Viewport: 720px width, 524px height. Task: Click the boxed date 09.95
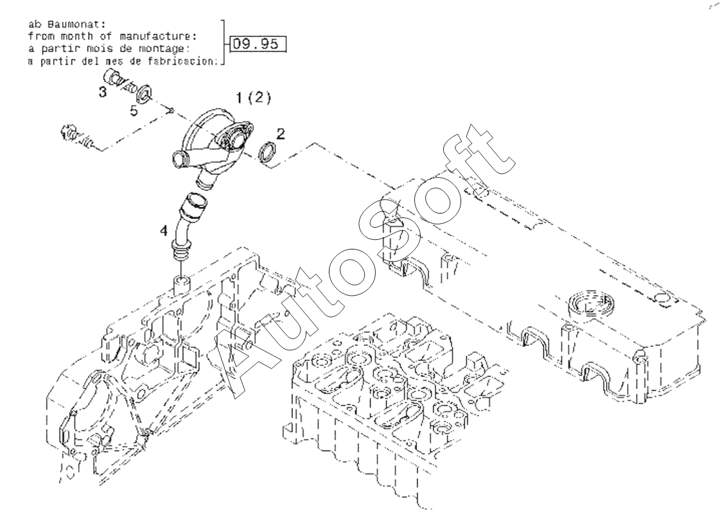(x=258, y=44)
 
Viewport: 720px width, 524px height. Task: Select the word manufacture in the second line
(x=160, y=36)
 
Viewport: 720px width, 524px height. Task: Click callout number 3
(x=103, y=92)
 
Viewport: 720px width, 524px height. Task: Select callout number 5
(x=133, y=110)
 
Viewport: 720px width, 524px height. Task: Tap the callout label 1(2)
(x=253, y=97)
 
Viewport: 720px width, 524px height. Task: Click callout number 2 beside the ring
(x=280, y=133)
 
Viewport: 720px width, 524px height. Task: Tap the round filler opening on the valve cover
(x=591, y=305)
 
